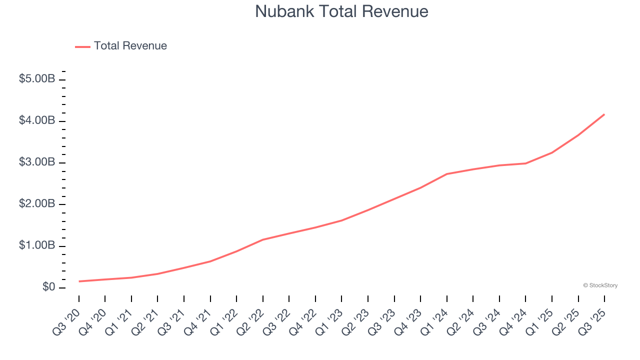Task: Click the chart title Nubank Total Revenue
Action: pyautogui.click(x=341, y=11)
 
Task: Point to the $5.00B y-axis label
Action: pyautogui.click(x=37, y=79)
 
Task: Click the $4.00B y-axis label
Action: pyautogui.click(x=37, y=120)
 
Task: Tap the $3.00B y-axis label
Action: pyautogui.click(x=37, y=162)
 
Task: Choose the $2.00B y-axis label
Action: pyautogui.click(x=37, y=204)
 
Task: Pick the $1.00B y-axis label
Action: pyautogui.click(x=37, y=245)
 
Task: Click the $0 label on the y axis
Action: pyautogui.click(x=49, y=287)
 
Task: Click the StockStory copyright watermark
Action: pyautogui.click(x=600, y=285)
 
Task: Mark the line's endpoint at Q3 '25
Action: pyautogui.click(x=604, y=114)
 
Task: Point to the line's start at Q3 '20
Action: pyautogui.click(x=79, y=281)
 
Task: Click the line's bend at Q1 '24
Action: pyautogui.click(x=446, y=174)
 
